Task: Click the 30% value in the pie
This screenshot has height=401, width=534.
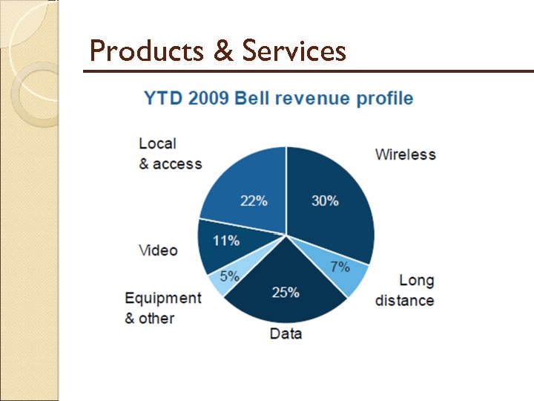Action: [324, 201]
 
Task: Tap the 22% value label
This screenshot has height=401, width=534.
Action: [253, 201]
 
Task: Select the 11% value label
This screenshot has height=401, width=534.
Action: [225, 241]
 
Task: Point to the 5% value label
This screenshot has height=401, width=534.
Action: [229, 276]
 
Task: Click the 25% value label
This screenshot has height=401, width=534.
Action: [286, 293]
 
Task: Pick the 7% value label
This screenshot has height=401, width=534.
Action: [340, 267]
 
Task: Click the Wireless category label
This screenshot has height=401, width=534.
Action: [405, 154]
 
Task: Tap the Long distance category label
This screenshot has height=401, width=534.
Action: [405, 290]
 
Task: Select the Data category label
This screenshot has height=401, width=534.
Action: [286, 333]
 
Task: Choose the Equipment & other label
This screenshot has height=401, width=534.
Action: [162, 307]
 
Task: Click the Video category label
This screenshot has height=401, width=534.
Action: [158, 250]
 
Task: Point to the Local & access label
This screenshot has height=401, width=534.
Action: [170, 153]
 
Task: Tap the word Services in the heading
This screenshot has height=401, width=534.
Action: [294, 51]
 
